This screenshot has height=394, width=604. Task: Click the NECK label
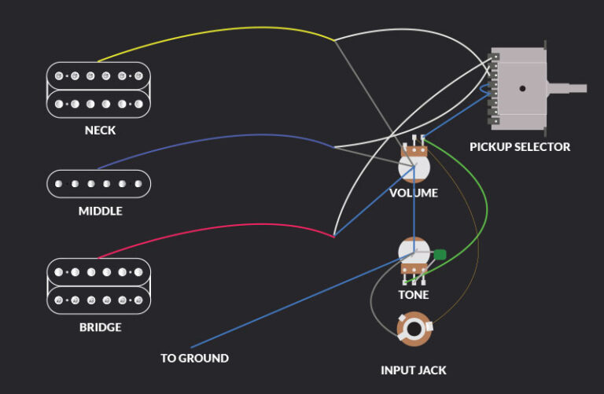(x=100, y=131)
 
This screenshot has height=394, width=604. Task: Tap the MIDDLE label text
(x=100, y=212)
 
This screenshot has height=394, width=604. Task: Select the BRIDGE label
(x=100, y=326)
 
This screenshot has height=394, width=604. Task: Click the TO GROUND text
(x=194, y=359)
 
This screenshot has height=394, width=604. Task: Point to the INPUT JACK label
(x=414, y=370)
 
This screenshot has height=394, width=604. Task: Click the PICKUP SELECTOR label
(x=520, y=147)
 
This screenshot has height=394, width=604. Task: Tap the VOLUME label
(x=414, y=193)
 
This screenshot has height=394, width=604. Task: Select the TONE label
(x=414, y=295)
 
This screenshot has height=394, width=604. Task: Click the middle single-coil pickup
(x=99, y=183)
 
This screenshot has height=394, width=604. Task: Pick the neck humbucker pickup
(x=99, y=90)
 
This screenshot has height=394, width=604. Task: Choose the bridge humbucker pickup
(x=99, y=286)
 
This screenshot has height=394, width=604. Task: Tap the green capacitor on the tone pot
(x=440, y=255)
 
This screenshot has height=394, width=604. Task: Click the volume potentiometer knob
(x=414, y=168)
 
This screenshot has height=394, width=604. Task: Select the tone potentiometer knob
(x=414, y=253)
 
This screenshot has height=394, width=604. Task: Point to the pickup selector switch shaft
(x=568, y=89)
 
